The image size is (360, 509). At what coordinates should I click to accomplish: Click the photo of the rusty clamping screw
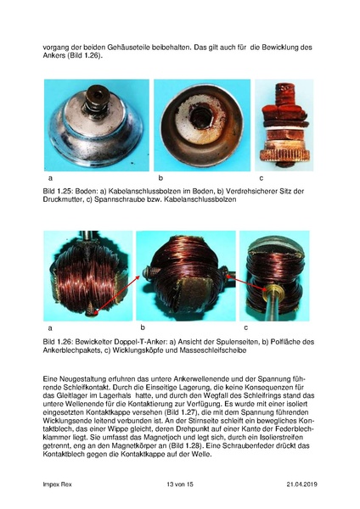pyautogui.click(x=284, y=125)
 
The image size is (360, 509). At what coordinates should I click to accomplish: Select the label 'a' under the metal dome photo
pyautogui.click(x=51, y=179)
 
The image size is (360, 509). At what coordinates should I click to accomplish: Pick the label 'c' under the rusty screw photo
pyautogui.click(x=261, y=179)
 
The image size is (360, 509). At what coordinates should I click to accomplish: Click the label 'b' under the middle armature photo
pyautogui.click(x=143, y=327)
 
